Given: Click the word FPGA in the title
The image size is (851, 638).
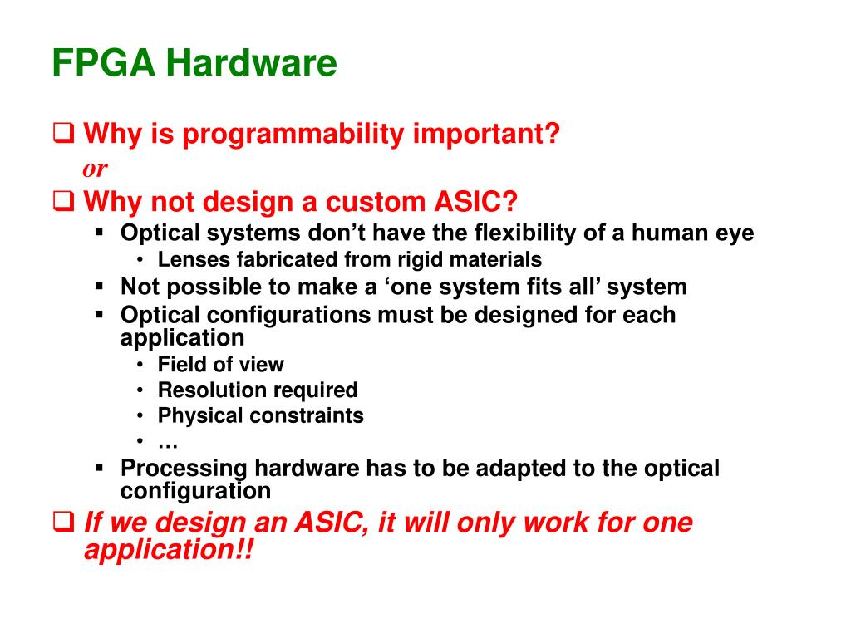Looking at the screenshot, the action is pos(104,63).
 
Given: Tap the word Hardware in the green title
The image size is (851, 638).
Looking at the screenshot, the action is pos(251,63).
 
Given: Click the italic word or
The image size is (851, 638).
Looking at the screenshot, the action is pos(95,169).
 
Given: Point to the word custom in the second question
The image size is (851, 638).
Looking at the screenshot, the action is pos(376,202).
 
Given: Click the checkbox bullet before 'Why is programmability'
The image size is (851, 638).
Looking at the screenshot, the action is pos(63,133).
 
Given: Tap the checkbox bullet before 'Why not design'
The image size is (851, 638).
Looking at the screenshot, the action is pos(63,201).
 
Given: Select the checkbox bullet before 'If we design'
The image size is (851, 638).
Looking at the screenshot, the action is pos(63,522).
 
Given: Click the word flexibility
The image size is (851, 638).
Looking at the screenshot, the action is pos(525,233).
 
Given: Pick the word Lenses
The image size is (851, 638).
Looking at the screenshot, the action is pos(194,259).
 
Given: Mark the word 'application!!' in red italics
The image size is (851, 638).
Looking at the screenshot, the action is pos(169,550).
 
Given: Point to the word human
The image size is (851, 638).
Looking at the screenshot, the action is pos(670,233).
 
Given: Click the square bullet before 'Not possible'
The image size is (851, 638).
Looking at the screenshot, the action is pos(99,286).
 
